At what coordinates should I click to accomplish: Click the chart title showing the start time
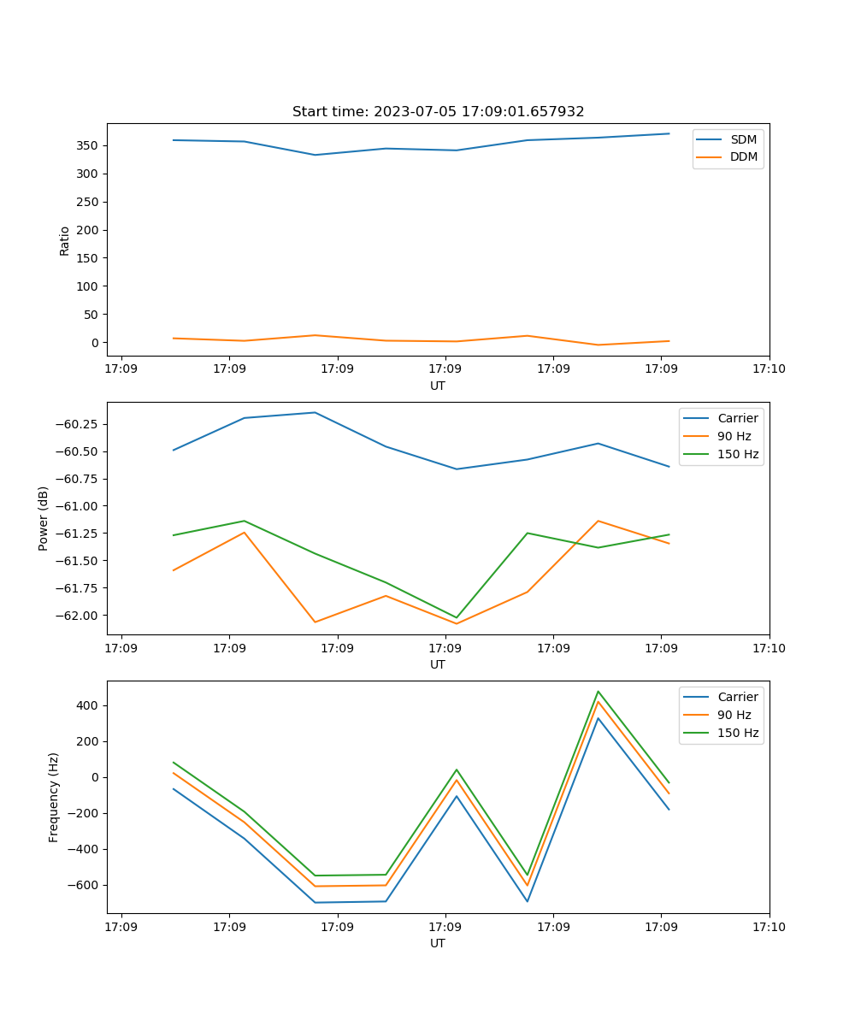(x=438, y=112)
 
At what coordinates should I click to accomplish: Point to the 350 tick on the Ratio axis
(x=89, y=146)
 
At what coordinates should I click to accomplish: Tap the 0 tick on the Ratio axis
(x=96, y=343)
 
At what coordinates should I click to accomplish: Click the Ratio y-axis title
(x=65, y=240)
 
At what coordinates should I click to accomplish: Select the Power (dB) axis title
(x=44, y=518)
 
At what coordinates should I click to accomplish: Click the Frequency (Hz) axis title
(x=54, y=797)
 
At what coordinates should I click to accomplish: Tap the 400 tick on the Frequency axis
(x=89, y=706)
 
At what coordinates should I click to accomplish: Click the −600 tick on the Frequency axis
(x=85, y=886)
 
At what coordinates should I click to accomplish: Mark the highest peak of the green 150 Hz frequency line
(x=598, y=692)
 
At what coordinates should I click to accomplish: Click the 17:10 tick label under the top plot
(x=769, y=369)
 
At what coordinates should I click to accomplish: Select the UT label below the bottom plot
(x=438, y=943)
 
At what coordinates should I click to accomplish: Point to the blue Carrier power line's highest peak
(x=315, y=413)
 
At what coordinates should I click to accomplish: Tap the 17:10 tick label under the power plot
(x=769, y=648)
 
